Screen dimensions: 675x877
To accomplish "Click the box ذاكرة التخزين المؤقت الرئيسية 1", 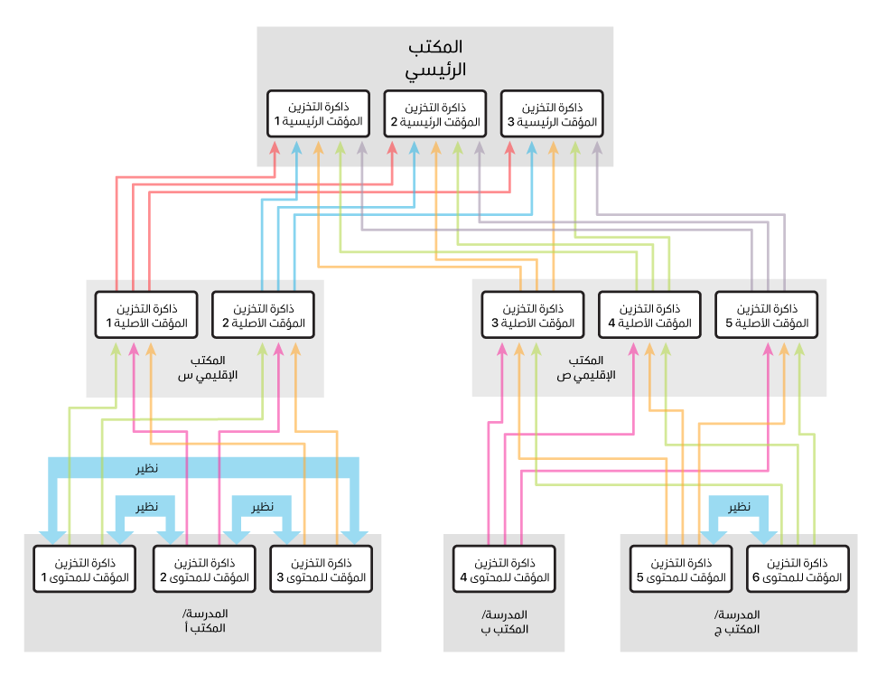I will pos(319,113).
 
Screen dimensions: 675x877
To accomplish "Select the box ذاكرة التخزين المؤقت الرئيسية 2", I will pos(435,113).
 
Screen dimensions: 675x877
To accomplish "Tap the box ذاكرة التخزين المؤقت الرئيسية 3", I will pos(552,113).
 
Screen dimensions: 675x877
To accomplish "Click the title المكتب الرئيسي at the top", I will pos(435,56).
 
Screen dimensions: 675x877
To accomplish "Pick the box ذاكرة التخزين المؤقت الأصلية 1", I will pos(146,314).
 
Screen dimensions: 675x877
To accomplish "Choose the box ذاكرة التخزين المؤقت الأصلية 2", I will pos(263,314).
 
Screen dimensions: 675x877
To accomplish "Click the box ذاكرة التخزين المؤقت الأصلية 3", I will pos(533,314).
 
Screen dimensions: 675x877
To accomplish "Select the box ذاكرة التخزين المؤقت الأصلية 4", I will pos(649,314).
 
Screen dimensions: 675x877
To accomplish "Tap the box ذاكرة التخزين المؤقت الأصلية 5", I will pos(766,314).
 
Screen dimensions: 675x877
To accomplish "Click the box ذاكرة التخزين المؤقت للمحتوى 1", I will pos(84,569).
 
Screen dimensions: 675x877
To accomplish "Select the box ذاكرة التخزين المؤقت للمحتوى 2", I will pos(205,569).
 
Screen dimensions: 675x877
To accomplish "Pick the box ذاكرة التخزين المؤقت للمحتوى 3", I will pos(322,569).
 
